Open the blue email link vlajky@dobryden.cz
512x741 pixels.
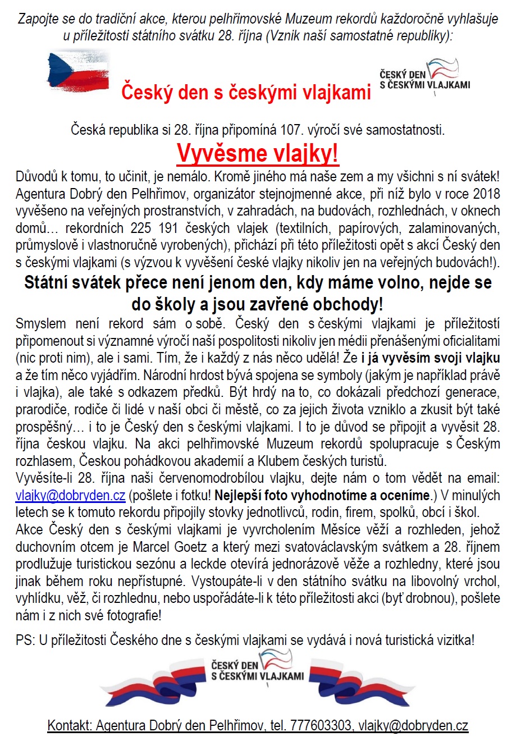pos(70,496)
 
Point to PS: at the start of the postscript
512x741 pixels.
pos(25,639)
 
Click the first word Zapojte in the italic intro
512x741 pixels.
pos(38,19)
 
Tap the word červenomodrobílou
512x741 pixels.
pos(247,478)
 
